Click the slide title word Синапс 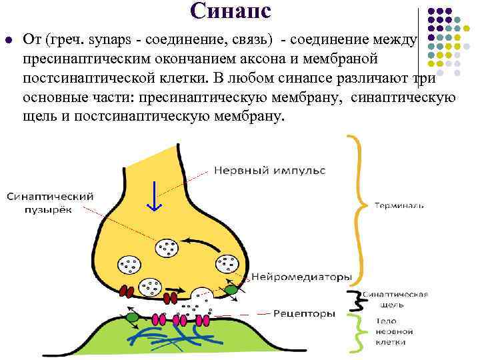(230, 11)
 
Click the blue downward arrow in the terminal (154, 194)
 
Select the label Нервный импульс (269, 171)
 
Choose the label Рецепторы (301, 313)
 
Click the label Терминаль (398, 205)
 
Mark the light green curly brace (359, 331)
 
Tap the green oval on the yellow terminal (231, 290)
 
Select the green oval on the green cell (133, 317)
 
